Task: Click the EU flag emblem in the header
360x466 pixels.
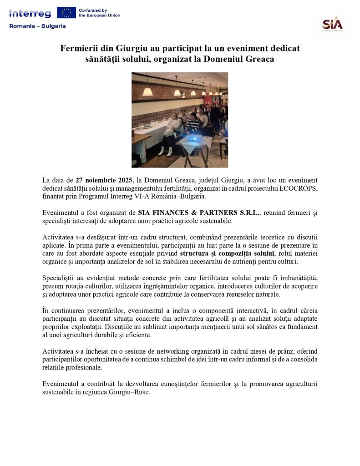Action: [66, 13]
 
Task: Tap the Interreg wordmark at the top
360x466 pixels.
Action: [30, 13]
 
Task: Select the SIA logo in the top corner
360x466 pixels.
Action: [332, 24]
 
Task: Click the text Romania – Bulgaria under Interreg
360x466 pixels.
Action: [37, 26]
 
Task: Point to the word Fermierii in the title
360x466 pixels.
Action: [79, 48]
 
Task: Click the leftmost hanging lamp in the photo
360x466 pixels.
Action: [147, 91]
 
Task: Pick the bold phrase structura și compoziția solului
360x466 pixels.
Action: [227, 253]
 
